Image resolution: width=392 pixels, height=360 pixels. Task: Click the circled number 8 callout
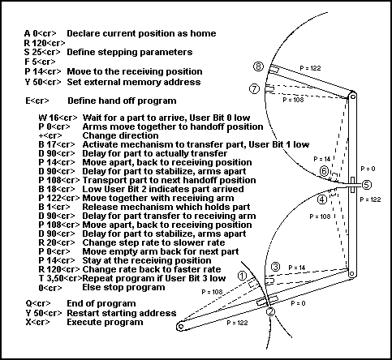click(x=258, y=66)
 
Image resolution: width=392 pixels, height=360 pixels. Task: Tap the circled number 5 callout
click(x=366, y=185)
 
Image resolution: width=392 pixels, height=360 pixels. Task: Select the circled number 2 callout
click(x=270, y=311)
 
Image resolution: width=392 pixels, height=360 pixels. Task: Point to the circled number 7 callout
click(x=254, y=89)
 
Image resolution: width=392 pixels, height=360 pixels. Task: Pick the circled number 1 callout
click(x=242, y=276)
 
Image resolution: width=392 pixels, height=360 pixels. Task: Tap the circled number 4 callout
click(x=322, y=199)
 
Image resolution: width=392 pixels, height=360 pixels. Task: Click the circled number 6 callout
click(x=324, y=171)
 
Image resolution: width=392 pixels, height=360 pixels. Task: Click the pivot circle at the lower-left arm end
click(x=180, y=327)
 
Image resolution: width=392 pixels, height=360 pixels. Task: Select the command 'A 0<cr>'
click(x=40, y=33)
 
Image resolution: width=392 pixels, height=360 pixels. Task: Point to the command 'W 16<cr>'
click(x=58, y=118)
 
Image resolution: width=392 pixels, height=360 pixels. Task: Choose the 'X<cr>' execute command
click(x=37, y=322)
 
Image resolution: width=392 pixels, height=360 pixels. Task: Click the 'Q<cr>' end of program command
click(x=38, y=304)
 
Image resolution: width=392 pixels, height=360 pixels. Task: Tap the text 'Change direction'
click(x=120, y=135)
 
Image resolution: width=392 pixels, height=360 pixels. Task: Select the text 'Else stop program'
click(x=123, y=287)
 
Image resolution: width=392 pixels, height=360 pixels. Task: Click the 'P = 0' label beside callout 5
click(x=368, y=169)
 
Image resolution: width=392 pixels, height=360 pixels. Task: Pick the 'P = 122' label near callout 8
click(x=310, y=68)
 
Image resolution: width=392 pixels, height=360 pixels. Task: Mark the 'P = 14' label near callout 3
click(x=297, y=268)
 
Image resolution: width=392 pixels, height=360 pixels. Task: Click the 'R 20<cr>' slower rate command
click(x=56, y=242)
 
